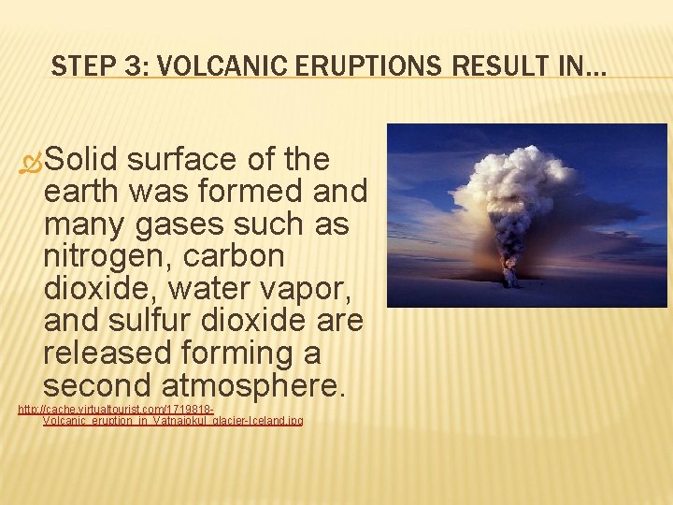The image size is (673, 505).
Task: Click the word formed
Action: (x=246, y=192)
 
